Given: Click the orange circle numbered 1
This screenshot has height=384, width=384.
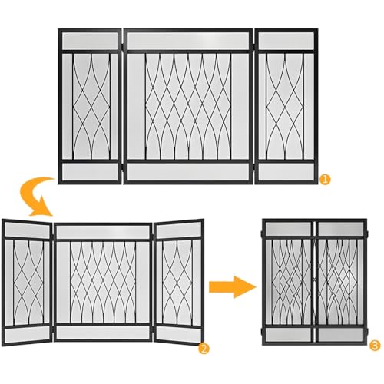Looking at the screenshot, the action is [x=325, y=179].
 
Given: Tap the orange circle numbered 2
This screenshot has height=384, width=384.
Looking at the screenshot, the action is [x=204, y=349].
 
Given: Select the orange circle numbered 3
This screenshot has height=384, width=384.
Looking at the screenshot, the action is [x=375, y=346].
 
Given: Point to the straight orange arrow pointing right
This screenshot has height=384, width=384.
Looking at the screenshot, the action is [x=233, y=286].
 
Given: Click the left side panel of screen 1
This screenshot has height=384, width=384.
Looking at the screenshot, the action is [x=90, y=106].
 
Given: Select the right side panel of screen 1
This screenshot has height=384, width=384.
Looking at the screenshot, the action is [x=286, y=106].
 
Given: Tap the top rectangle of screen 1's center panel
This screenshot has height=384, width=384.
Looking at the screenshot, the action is [x=188, y=41].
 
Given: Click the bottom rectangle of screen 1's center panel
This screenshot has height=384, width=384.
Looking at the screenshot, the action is [x=188, y=172].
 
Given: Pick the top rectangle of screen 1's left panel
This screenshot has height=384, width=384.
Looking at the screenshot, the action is [x=90, y=41].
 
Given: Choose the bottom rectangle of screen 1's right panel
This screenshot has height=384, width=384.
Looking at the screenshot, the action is [x=286, y=172].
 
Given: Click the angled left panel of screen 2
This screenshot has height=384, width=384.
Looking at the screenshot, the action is [x=27, y=283].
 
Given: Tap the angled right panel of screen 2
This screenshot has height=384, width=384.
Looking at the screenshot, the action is [x=179, y=283].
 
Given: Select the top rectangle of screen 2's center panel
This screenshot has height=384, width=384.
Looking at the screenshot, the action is [x=103, y=232].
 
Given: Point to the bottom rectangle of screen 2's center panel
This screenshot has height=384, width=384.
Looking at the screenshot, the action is [x=103, y=332].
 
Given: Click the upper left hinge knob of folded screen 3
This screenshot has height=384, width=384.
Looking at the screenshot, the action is [x=262, y=233].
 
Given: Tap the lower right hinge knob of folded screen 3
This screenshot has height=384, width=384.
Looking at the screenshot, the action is [x=367, y=332].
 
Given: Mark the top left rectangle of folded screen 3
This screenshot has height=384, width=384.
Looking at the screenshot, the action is [x=288, y=229].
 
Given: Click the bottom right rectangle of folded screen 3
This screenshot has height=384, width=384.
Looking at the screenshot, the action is [x=341, y=335].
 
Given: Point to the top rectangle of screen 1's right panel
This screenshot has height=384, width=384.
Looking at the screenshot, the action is [x=286, y=41].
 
